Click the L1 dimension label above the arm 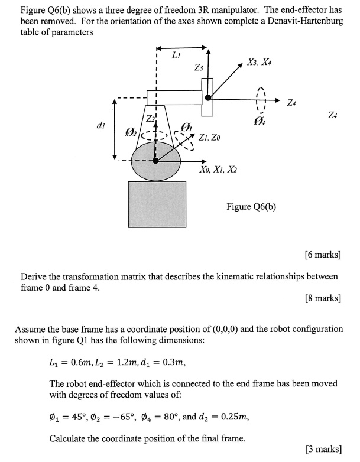[x=176, y=56]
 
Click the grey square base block [x=157, y=204]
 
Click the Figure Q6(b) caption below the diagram [x=251, y=206]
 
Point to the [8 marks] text [x=323, y=298]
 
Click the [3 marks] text [x=323, y=449]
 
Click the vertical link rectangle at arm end [x=207, y=97]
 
